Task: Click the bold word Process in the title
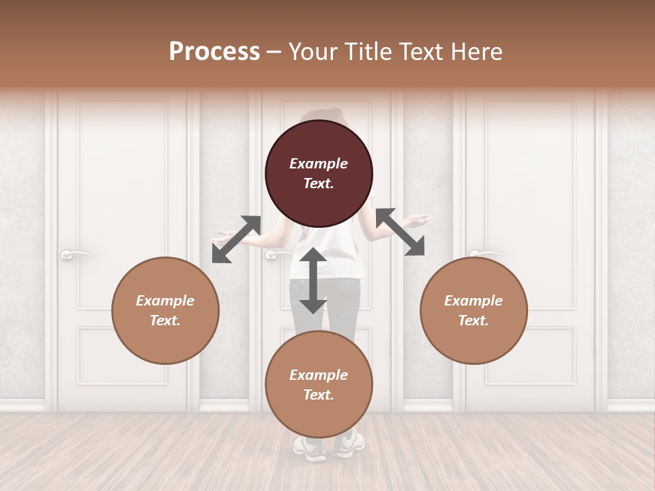[x=214, y=51]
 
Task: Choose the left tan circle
[x=165, y=310]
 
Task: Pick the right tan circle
[x=474, y=310]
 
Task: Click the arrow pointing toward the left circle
[x=236, y=239]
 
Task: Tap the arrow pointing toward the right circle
[x=401, y=233]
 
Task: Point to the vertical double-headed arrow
[x=312, y=280]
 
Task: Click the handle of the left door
[x=74, y=254]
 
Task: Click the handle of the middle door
[x=277, y=254]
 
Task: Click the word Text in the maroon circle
[x=318, y=183]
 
